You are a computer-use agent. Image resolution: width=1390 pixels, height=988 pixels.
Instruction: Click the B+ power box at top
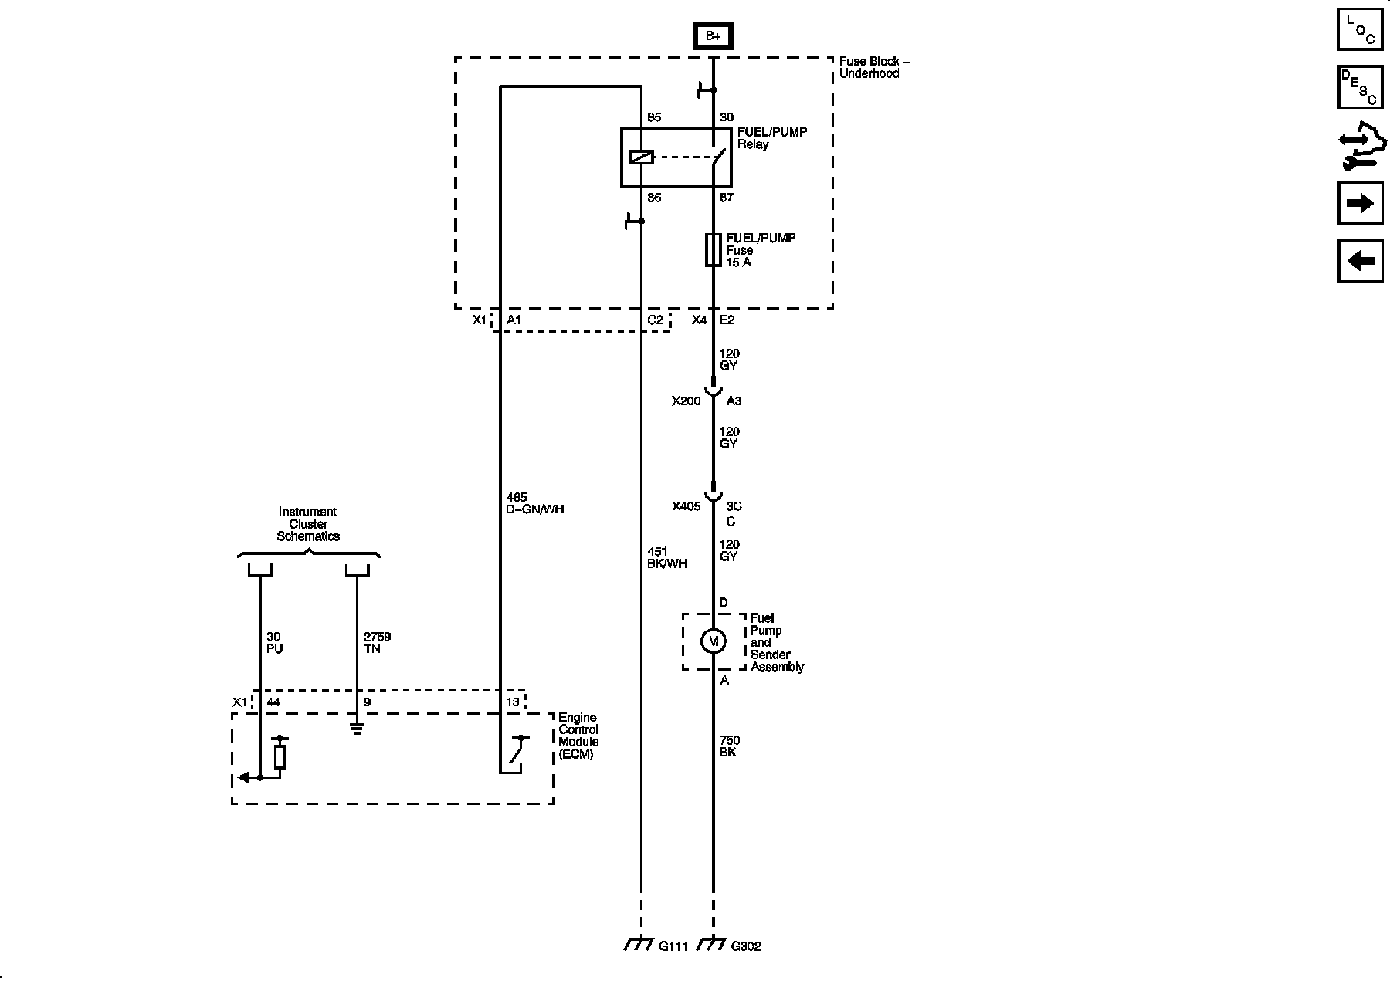(713, 36)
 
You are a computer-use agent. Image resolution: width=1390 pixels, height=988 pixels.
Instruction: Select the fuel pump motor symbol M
(713, 641)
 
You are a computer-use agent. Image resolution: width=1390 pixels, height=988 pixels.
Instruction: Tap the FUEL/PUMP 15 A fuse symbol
(713, 250)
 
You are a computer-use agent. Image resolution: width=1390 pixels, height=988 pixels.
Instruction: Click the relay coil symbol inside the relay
(641, 157)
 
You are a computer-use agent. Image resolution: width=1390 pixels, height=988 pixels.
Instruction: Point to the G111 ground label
(673, 946)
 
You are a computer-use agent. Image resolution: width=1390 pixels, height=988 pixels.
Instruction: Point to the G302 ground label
(745, 946)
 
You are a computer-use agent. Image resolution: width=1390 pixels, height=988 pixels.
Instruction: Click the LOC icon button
(1360, 30)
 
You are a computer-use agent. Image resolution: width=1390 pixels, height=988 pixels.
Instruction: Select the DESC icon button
(1360, 87)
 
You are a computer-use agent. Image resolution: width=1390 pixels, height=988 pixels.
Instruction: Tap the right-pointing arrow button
(1360, 203)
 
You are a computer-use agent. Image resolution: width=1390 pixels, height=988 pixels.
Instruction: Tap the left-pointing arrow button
(1360, 261)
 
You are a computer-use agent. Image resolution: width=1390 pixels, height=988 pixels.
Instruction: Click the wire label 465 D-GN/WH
(535, 503)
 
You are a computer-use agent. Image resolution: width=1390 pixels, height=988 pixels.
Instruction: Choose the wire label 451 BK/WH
(666, 557)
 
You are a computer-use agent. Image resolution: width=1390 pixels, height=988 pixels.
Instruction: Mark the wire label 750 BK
(728, 746)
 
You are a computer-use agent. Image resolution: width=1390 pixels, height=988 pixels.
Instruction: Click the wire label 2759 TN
(377, 643)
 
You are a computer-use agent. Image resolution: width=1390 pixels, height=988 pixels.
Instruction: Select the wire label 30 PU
(274, 643)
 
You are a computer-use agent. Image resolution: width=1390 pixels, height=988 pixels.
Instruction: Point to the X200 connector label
(686, 401)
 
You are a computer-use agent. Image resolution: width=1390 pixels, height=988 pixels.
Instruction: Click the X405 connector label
(686, 506)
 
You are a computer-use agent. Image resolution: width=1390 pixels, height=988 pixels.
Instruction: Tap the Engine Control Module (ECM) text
(578, 736)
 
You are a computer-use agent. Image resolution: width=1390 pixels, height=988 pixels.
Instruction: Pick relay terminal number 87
(726, 198)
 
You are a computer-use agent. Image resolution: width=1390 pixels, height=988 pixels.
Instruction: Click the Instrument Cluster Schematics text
(308, 524)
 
